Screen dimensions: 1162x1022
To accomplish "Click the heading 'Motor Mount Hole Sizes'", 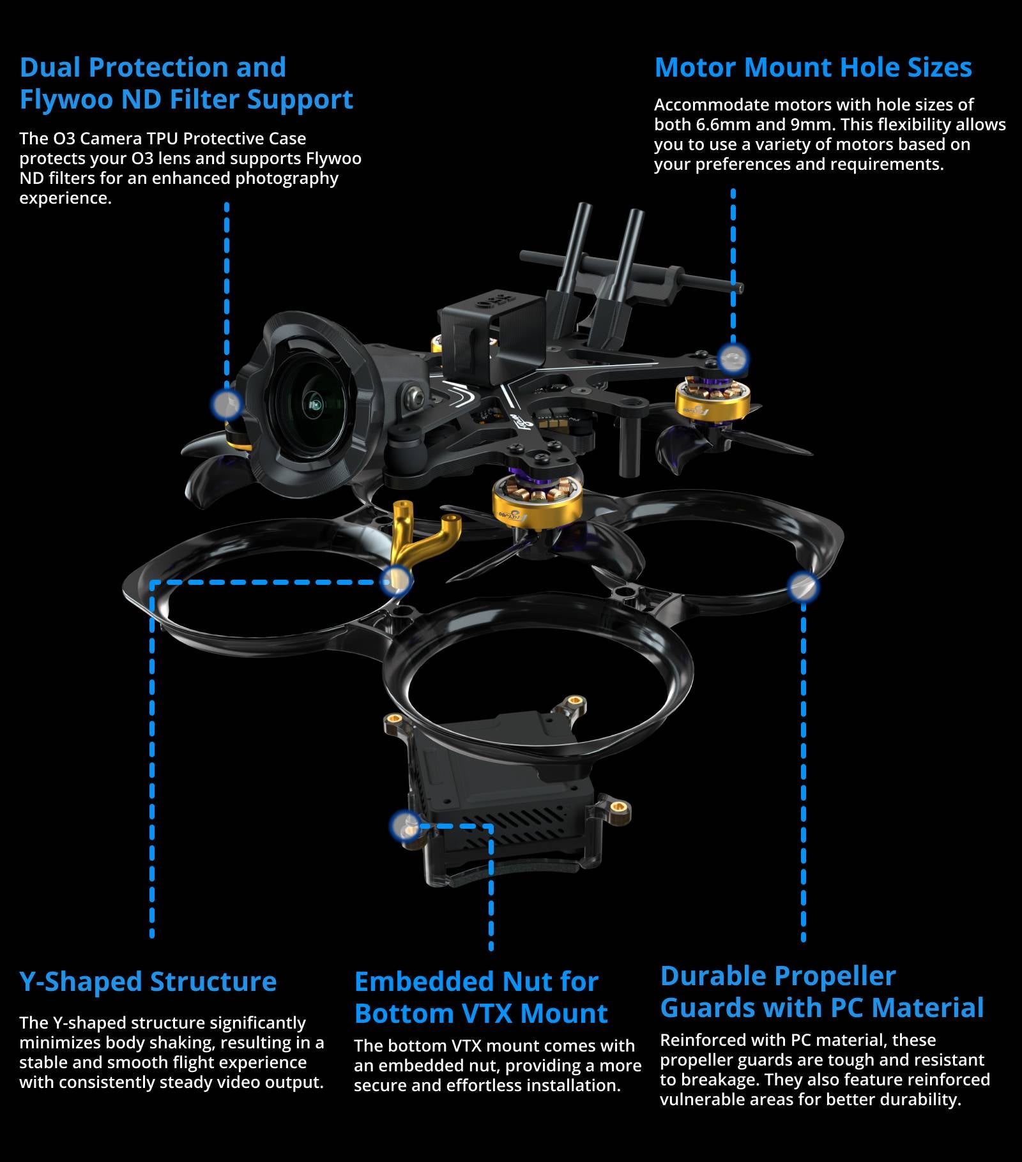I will point(812,68).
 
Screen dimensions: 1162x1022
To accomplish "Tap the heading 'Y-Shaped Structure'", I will point(148,982).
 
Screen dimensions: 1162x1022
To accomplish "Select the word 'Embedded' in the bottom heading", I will point(421,982).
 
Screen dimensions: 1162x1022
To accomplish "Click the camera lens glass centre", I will point(314,405).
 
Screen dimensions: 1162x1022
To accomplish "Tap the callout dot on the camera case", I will point(226,404).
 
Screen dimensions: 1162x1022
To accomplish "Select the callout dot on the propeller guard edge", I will point(802,587).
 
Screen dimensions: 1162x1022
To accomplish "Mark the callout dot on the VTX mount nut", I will point(405,826).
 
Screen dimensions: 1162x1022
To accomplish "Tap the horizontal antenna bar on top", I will point(632,271).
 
